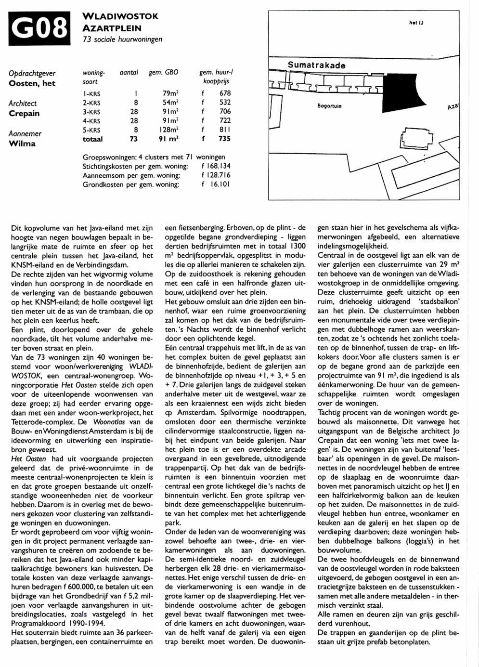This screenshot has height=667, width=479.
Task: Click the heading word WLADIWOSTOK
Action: (x=120, y=16)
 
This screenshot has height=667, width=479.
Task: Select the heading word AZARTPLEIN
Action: (x=112, y=28)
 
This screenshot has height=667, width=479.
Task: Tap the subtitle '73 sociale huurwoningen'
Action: (x=122, y=39)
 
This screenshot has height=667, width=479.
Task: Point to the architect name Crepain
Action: (x=24, y=114)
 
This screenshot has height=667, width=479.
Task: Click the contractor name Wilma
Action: (x=22, y=144)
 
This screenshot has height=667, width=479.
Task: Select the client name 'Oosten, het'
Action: (x=32, y=83)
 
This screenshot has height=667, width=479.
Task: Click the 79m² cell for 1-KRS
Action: (x=170, y=93)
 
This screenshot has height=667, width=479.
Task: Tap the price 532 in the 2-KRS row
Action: (x=224, y=103)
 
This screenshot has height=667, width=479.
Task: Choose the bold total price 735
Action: (x=224, y=139)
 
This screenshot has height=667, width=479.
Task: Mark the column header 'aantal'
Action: (x=129, y=73)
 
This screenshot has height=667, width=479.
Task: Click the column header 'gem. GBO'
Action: (x=163, y=73)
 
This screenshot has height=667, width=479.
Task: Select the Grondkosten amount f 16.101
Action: (x=216, y=184)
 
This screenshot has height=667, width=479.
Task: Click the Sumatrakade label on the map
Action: (x=316, y=65)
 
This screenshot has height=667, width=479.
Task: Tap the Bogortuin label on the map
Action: (x=329, y=106)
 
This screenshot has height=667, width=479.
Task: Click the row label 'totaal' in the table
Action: (x=93, y=139)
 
